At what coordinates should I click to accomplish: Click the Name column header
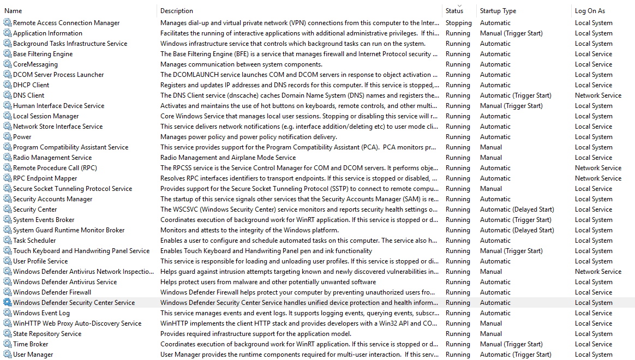[x=13, y=11]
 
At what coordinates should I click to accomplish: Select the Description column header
[x=177, y=11]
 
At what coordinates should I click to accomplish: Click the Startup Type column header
[x=498, y=11]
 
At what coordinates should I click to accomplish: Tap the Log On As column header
[x=590, y=11]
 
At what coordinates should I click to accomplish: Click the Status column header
[x=454, y=11]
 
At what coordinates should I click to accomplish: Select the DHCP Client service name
[x=31, y=85]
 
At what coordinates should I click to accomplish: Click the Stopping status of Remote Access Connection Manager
[x=458, y=23]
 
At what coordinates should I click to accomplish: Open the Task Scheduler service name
[x=34, y=241]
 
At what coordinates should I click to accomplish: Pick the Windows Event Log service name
[x=41, y=313]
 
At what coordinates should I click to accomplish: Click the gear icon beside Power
[x=7, y=137]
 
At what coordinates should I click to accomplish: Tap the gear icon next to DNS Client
[x=7, y=95]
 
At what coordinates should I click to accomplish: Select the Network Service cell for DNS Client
[x=598, y=95]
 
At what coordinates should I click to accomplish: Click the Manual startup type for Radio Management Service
[x=491, y=158]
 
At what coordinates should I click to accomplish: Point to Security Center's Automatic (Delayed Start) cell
[x=517, y=209]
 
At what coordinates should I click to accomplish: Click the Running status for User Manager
[x=458, y=355]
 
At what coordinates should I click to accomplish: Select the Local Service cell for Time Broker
[x=594, y=344]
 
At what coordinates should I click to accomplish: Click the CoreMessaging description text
[x=230, y=64]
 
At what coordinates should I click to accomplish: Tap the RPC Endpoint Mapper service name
[x=45, y=178]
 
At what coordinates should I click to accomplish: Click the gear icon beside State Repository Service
[x=7, y=334]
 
